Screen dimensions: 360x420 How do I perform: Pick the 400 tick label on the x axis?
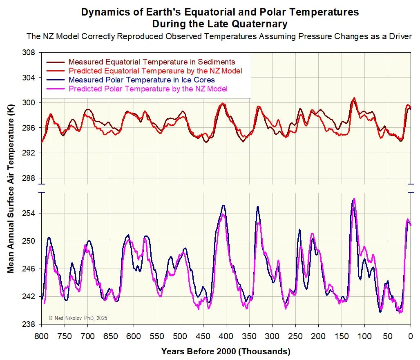pos(226,336)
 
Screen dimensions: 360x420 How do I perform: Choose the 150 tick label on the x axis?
pos(341,336)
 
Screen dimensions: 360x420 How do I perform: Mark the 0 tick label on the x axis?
pos(410,336)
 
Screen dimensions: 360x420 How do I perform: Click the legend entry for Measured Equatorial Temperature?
pos(152,62)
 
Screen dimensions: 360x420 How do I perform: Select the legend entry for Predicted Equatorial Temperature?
pos(155,71)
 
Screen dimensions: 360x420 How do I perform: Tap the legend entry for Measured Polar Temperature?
pos(142,80)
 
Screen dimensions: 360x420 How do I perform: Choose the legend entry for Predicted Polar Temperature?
pos(148,89)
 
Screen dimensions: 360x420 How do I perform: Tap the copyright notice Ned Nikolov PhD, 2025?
pos(78,318)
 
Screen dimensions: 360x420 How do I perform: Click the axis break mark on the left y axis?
pos(41,189)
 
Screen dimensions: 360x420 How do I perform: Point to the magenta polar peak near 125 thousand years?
pos(354,199)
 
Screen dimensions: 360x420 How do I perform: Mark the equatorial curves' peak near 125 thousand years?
pos(354,98)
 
